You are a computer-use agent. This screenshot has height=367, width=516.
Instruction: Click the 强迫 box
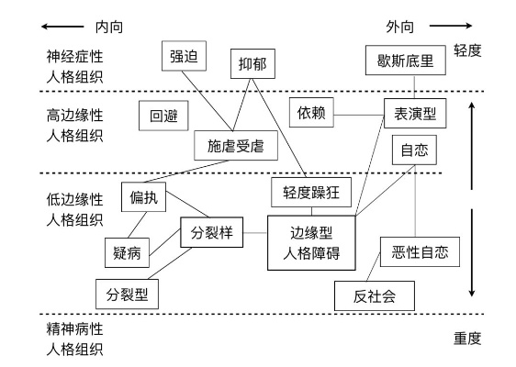182,55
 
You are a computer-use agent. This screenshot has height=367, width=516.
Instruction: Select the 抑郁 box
252,63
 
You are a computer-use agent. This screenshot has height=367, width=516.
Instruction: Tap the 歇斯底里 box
409,61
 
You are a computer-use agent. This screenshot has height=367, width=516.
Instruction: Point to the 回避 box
163,116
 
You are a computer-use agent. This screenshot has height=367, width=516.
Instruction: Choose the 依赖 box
311,111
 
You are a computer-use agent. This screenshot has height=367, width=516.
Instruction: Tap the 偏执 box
143,195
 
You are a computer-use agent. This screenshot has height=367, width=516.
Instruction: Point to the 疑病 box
124,250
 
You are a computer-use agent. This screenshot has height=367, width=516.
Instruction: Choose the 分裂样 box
210,232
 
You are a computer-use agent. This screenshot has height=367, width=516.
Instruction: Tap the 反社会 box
372,296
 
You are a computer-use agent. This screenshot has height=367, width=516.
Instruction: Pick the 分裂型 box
127,294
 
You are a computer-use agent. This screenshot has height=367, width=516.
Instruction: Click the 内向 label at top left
107,28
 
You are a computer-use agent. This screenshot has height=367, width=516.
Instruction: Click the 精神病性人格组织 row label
75,339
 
